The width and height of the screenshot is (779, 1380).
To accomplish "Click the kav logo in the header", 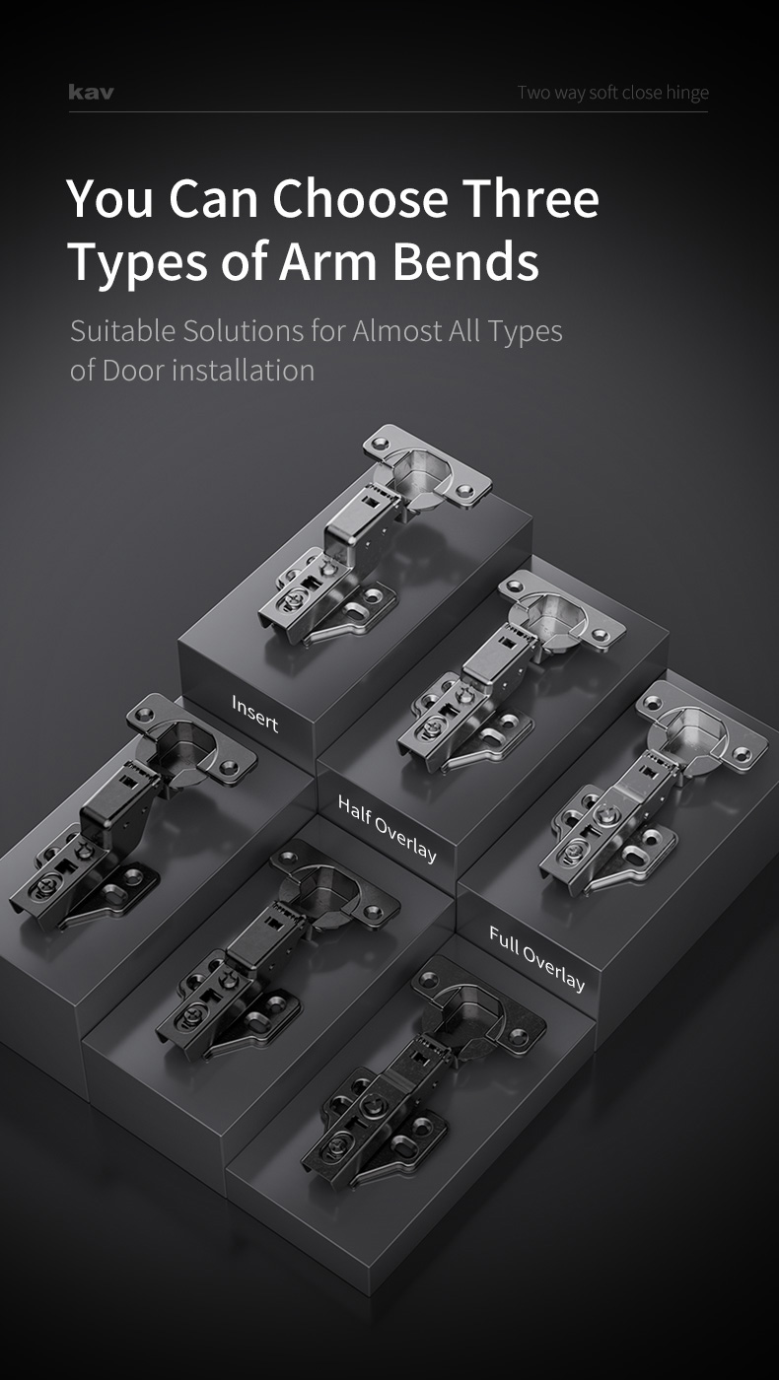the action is (91, 93).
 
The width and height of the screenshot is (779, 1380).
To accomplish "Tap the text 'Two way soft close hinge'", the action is (613, 93).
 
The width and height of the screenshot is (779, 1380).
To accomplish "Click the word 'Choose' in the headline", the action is (360, 198).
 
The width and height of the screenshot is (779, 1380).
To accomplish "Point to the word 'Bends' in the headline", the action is (465, 261).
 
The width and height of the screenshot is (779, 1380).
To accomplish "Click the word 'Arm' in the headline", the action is (327, 261).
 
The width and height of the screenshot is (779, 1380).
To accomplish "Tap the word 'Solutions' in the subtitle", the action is (244, 330).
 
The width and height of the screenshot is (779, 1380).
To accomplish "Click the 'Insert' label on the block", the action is (254, 714).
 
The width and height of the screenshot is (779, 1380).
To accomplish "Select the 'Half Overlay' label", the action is (387, 829).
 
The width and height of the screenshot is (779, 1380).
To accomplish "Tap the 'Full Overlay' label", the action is (536, 958).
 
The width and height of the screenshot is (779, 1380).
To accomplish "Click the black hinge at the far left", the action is (132, 812).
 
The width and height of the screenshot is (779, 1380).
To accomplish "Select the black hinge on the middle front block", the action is (277, 949).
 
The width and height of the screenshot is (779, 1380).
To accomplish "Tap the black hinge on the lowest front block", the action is (424, 1072).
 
